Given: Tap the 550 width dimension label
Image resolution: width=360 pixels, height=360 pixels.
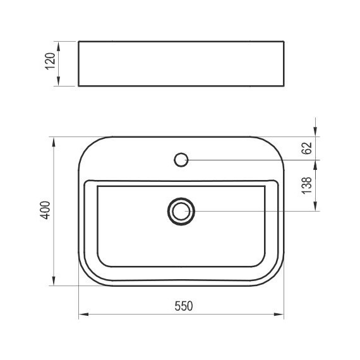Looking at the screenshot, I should [x=183, y=306].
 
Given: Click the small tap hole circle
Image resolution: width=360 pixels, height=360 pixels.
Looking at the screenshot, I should [x=181, y=159].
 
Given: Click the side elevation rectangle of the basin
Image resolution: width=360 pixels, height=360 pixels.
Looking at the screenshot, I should [x=181, y=64].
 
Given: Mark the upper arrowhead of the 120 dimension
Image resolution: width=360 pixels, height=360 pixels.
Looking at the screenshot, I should [x=59, y=45].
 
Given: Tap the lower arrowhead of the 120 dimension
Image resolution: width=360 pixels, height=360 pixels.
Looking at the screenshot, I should [x=59, y=81].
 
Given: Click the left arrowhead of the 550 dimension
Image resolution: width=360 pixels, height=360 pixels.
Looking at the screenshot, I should [x=83, y=314].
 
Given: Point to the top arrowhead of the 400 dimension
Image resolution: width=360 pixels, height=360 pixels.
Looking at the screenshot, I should [x=53, y=140].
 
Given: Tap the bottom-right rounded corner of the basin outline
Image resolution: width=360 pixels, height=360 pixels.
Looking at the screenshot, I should [x=277, y=278].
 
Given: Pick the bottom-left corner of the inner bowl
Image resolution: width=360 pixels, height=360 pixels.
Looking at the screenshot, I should [x=103, y=261].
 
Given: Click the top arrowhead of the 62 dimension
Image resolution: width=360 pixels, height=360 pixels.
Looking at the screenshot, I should [x=315, y=140].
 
